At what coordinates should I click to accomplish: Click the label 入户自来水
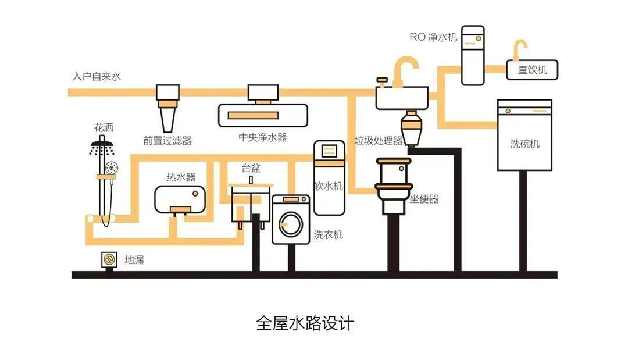pos(97,77)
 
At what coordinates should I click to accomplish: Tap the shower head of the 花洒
pos(102,143)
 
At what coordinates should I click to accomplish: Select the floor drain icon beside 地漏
pos(109,260)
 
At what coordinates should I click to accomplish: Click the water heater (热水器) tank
pos(180,199)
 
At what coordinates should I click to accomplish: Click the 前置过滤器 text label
pos(167,141)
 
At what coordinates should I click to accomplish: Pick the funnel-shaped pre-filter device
pos(167,108)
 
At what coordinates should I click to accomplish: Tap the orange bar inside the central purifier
pos(253,115)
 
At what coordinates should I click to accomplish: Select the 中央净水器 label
pos(263,137)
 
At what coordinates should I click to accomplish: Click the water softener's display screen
pos(329,151)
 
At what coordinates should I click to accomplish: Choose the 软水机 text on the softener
pos(329,186)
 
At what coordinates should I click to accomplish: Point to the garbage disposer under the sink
pos(411,128)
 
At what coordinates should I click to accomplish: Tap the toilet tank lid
pos(394,161)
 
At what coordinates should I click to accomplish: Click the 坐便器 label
pos(424,199)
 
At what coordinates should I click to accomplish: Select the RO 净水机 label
pos(433,37)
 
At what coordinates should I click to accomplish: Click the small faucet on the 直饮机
pos(520,49)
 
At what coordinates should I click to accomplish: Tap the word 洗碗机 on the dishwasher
pos(524,144)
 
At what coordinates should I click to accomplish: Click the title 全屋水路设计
pos(305,323)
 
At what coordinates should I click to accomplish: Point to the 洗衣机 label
pos(329,234)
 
